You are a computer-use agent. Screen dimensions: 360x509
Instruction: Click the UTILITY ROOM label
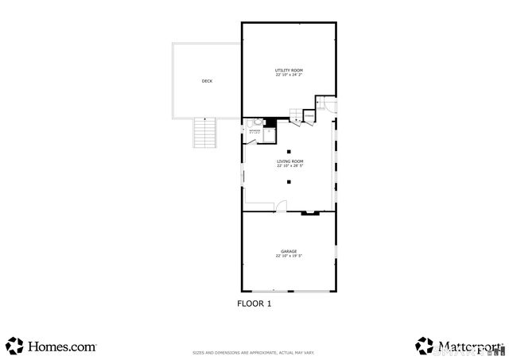(x=289, y=71)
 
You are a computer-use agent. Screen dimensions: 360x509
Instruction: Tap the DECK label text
(x=207, y=81)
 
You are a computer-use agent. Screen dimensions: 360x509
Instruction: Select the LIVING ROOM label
(x=289, y=161)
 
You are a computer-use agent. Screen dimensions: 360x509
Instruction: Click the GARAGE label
(x=289, y=251)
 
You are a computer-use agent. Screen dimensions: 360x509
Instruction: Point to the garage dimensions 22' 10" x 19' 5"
(x=289, y=256)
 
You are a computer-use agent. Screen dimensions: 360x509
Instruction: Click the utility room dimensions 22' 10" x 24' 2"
(x=289, y=75)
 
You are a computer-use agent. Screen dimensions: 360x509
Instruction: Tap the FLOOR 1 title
(x=254, y=303)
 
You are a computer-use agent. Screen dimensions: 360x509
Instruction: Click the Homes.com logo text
(x=62, y=346)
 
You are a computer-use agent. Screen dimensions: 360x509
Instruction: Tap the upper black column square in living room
(x=289, y=151)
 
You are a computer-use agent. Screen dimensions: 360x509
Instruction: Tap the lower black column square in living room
(x=289, y=182)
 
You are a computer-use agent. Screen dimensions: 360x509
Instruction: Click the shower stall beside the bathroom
(x=269, y=134)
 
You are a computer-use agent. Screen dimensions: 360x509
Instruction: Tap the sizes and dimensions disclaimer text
(x=254, y=352)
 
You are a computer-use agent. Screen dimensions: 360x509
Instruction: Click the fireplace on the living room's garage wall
(x=310, y=212)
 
